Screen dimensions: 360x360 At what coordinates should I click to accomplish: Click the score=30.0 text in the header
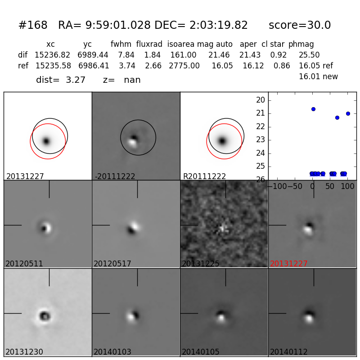pos(299,26)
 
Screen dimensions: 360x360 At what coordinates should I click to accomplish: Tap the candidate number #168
pos(33,26)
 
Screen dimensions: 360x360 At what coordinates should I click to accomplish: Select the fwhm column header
pos(120,45)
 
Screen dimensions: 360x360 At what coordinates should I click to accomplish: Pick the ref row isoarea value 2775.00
pos(184,66)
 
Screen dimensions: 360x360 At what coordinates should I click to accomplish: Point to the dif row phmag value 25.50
pos(309,55)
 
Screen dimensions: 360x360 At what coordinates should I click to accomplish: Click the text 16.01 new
pos(318,77)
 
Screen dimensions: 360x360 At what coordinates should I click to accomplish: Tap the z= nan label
pos(122,80)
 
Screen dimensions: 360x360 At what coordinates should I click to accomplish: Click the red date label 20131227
pos(289,264)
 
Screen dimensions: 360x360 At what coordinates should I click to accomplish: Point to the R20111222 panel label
pos(204,176)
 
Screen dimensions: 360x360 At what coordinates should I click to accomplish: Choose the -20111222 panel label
pos(115,176)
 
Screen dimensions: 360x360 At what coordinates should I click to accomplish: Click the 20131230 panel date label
pos(24,352)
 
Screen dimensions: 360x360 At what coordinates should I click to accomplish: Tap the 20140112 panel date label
pos(289,352)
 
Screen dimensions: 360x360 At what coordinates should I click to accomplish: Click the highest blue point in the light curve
pos(313,109)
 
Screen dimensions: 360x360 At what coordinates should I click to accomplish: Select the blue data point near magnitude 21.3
pos(337,117)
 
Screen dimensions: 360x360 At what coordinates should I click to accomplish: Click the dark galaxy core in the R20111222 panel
pos(222,141)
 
